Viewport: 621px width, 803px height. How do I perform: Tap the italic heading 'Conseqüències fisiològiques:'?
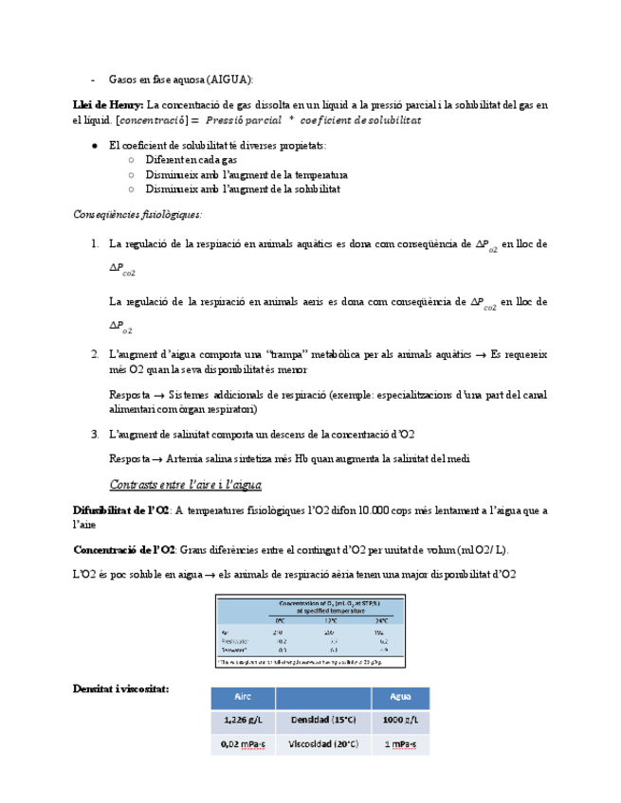pos(137,214)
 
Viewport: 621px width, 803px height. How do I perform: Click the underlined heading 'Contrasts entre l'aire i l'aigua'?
pos(186,485)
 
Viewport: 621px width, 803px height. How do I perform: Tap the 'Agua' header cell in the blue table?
pos(399,697)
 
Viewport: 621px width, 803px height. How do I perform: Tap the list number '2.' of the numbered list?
pos(95,354)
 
